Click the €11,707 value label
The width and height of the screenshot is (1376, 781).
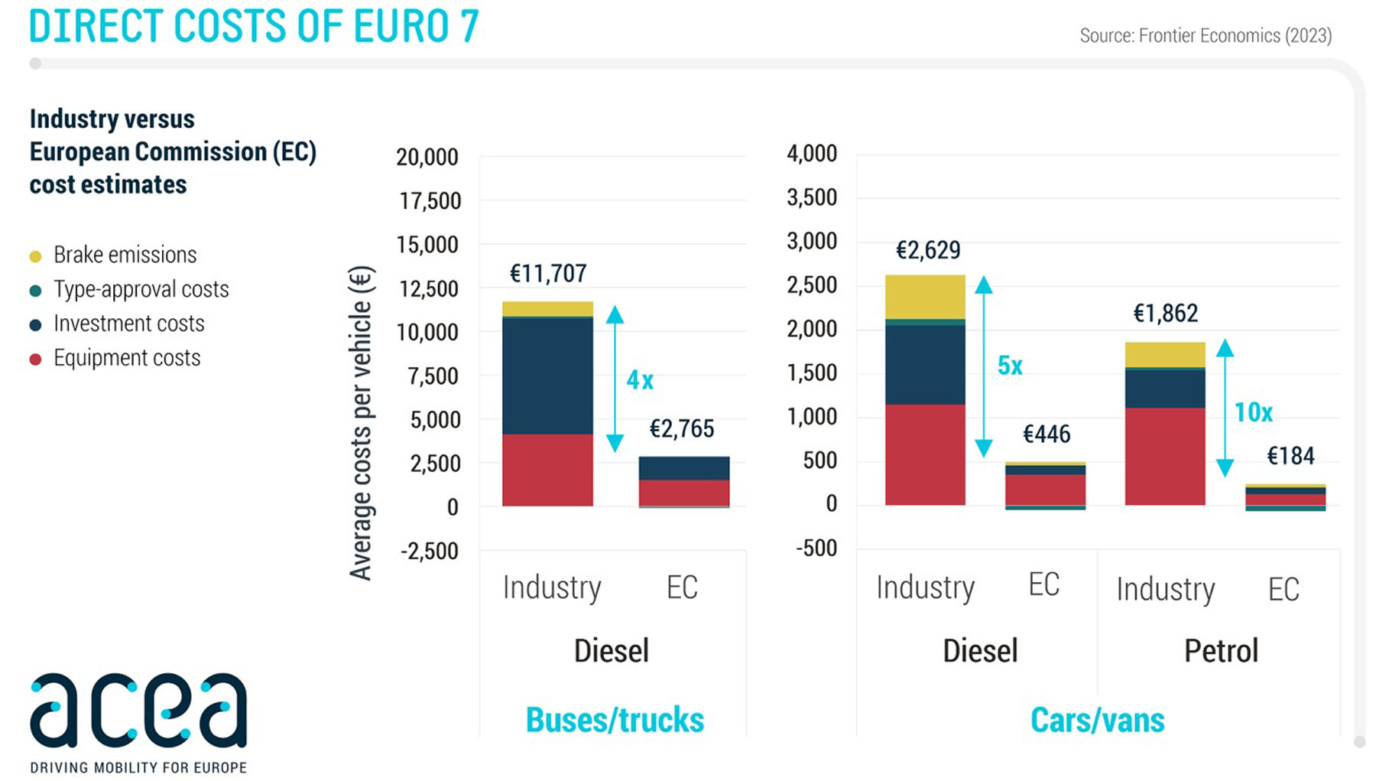point(548,274)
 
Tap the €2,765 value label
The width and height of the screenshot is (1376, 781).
point(681,429)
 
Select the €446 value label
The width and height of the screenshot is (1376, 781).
point(1047,434)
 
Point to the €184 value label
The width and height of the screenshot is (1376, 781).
point(1290,457)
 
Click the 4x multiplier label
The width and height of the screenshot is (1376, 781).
point(640,380)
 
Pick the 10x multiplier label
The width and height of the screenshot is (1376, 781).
point(1253,413)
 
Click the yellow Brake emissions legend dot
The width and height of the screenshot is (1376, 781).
point(35,256)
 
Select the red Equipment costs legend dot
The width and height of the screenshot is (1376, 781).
point(35,360)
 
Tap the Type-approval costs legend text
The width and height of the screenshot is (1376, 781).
point(141,289)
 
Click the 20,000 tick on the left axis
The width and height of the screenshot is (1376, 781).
point(427,158)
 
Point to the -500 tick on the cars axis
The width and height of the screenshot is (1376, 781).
point(816,548)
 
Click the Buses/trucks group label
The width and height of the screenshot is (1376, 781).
point(615,720)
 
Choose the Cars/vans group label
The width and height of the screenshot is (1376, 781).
point(1097,720)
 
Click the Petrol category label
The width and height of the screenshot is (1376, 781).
point(1221,651)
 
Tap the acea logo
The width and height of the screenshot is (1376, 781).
point(138,711)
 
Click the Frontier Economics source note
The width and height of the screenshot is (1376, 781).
point(1205,36)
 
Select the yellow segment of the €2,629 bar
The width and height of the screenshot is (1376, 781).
point(925,297)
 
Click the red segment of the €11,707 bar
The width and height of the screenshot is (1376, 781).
point(547,470)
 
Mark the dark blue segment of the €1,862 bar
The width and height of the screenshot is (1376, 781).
point(1165,389)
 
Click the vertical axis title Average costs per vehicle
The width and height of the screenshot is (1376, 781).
point(360,423)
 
